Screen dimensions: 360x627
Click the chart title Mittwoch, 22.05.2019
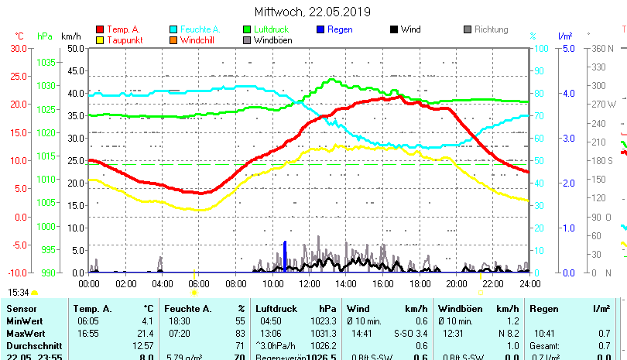tap(313, 12)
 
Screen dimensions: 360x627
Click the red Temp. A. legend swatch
tap(99, 30)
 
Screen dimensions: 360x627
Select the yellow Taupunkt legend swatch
tap(99, 40)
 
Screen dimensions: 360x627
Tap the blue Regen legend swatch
tap(321, 30)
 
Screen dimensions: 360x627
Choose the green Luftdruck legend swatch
tap(248, 30)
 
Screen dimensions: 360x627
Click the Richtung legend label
tap(491, 30)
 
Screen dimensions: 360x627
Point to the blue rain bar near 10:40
tap(285, 256)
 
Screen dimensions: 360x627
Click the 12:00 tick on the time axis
tap(310, 284)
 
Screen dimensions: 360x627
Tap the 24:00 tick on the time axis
tap(529, 284)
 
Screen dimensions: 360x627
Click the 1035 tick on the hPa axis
tap(46, 62)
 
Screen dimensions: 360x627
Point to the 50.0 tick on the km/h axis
tap(75, 48)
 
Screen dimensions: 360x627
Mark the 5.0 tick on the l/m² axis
tap(567, 48)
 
